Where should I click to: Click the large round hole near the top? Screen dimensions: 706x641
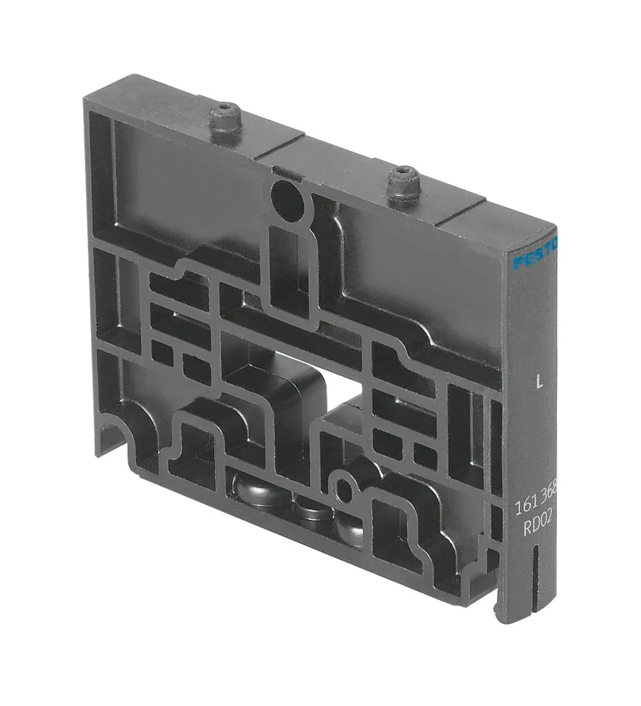(x=287, y=199)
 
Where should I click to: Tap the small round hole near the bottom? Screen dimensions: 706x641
(x=342, y=487)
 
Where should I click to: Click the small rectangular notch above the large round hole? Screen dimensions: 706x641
(x=278, y=168)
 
